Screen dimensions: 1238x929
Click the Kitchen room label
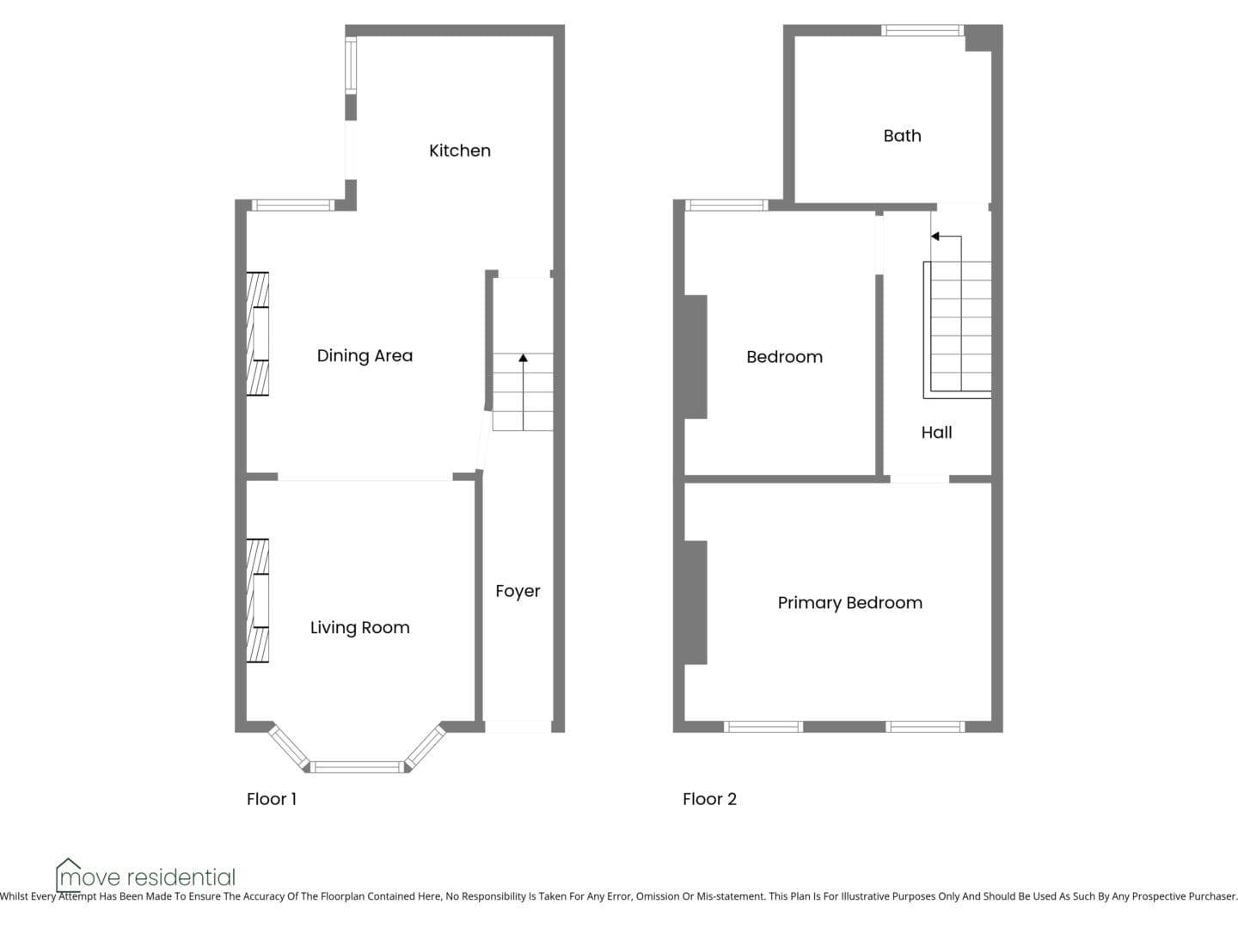coord(460,151)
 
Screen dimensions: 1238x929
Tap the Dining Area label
coord(365,356)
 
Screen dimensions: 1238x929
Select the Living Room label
coord(360,628)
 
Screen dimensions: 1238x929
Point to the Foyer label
coord(518,591)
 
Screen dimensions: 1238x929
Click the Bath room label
coord(903,136)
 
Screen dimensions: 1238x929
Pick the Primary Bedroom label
coord(850,603)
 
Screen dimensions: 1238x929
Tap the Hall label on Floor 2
coord(937,433)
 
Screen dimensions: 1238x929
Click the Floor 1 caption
coord(272,799)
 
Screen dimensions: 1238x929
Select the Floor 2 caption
coord(709,799)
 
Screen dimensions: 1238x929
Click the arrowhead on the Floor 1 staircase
coord(524,358)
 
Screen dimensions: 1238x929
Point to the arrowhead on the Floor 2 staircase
coord(935,237)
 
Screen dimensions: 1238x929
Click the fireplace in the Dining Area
coord(257,334)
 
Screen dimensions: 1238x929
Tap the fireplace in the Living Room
coord(257,600)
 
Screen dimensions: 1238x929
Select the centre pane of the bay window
coord(357,767)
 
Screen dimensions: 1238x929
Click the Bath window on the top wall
coord(922,30)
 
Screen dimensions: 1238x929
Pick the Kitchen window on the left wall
coord(351,65)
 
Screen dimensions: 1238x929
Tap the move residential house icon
coord(68,875)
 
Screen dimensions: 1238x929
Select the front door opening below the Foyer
coord(518,727)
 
